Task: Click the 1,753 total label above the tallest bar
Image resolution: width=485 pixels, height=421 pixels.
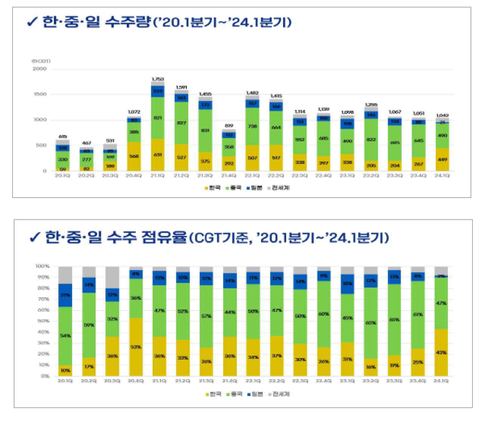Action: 158,79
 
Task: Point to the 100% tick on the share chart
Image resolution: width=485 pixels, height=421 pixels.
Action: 43,265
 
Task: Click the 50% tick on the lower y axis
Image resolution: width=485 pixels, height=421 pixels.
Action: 44,321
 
